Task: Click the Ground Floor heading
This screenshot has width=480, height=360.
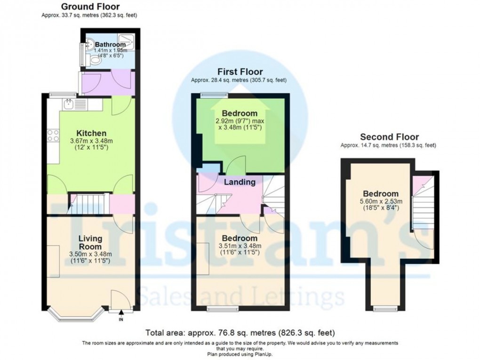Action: [90, 7]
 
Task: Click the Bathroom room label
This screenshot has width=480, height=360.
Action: [110, 45]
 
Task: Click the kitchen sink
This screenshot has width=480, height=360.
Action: [69, 104]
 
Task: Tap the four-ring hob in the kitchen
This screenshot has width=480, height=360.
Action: [53, 136]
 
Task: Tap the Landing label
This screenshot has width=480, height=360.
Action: [239, 182]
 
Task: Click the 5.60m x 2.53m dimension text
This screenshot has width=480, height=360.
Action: [380, 201]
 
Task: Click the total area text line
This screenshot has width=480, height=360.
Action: [240, 333]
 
